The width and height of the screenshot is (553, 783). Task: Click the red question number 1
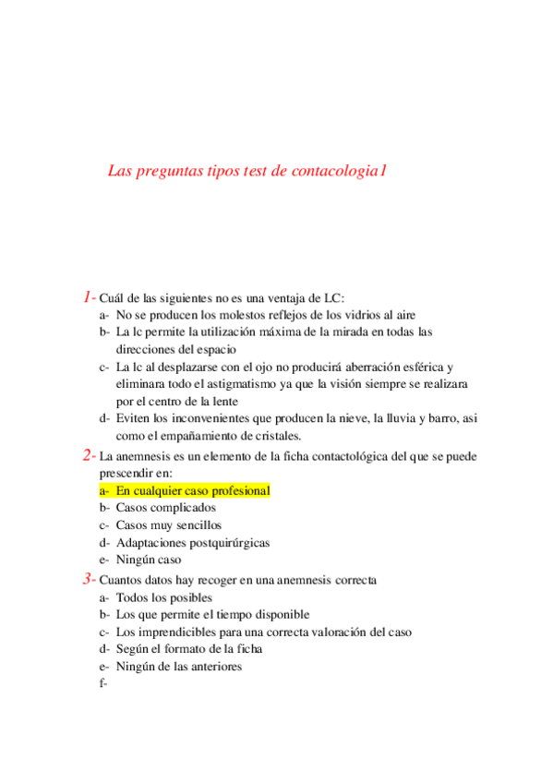87,297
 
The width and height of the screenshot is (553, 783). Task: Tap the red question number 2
87,455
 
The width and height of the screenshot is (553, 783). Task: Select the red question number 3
87,579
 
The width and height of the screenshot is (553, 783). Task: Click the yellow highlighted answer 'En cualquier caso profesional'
192,490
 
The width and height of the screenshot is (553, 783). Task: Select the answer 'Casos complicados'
166,508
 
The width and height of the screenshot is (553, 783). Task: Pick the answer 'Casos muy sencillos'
169,525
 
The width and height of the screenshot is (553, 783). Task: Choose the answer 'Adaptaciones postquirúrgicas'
193,543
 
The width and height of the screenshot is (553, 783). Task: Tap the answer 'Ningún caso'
149,560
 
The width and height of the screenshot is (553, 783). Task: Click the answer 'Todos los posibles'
163,597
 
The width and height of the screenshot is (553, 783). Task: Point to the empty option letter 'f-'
103,684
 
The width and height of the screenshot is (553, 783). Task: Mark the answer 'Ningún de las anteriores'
179,667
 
